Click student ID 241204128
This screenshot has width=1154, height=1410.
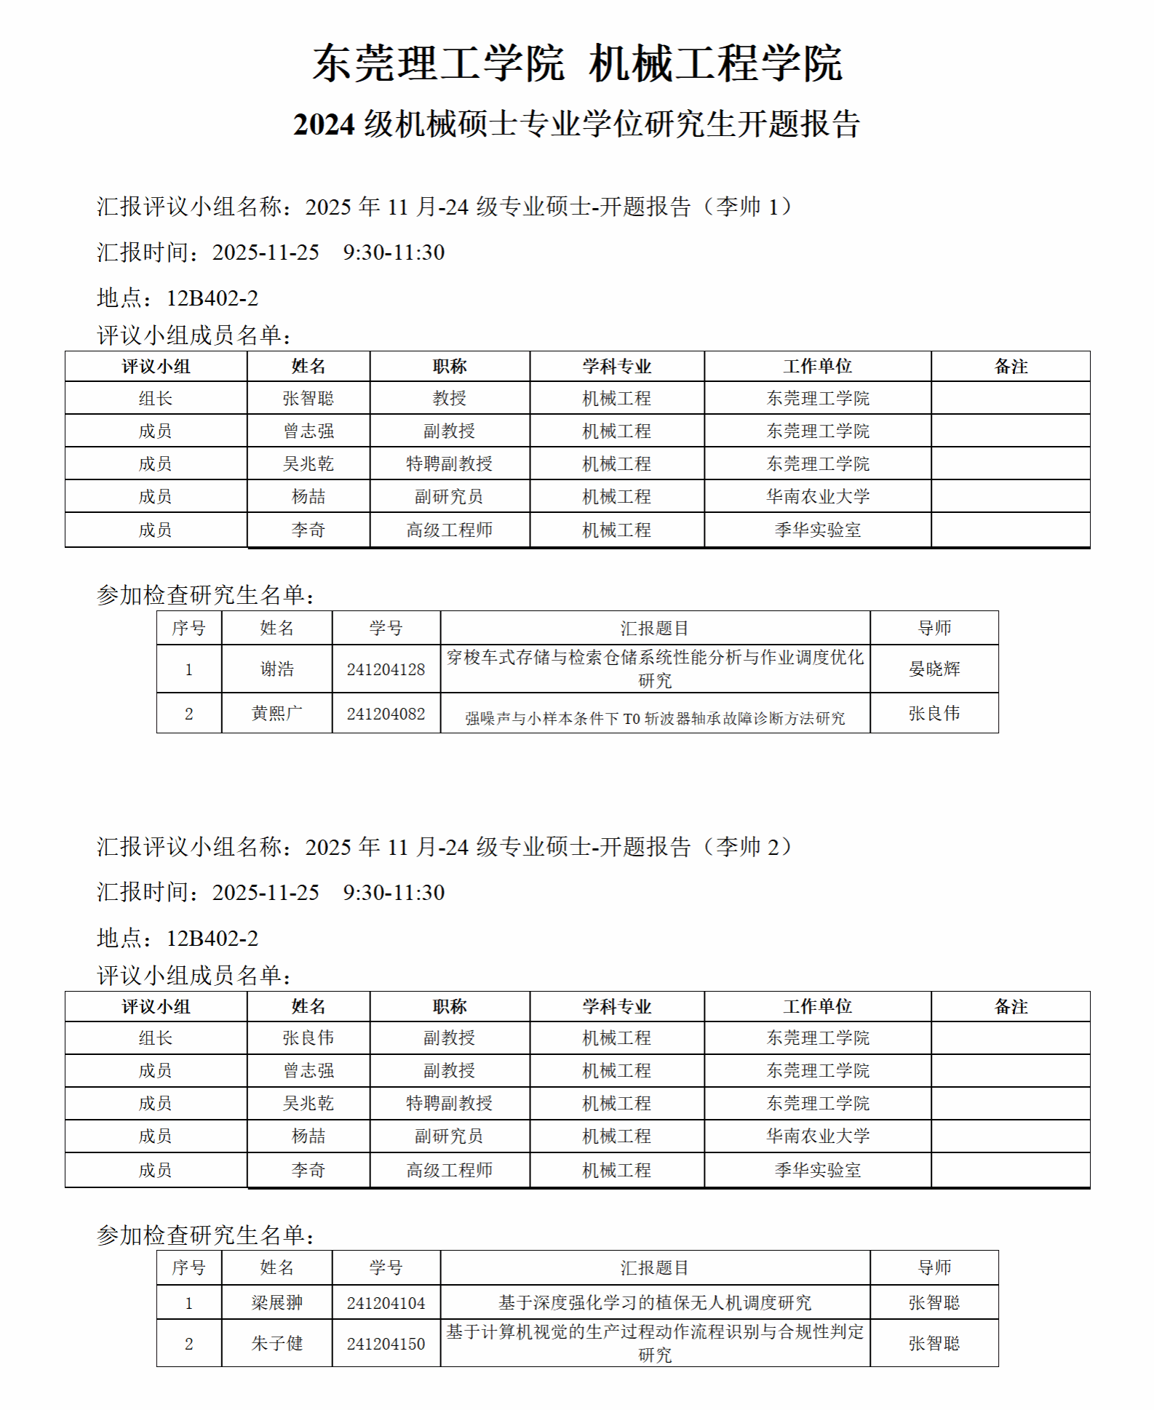[386, 669]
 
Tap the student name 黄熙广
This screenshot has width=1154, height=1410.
[276, 714]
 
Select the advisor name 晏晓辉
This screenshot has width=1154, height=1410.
[934, 669]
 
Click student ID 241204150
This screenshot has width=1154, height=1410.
[386, 1344]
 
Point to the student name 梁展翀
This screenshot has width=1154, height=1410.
[276, 1303]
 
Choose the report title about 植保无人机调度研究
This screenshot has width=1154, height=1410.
[655, 1303]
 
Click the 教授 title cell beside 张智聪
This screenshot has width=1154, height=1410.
[449, 399]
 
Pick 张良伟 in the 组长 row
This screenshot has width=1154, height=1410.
[309, 1038]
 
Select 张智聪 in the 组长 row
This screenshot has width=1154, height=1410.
[309, 399]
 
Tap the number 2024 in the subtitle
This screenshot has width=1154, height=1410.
[324, 124]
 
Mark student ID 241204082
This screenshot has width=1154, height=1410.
[386, 714]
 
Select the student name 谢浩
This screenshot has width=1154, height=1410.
[276, 669]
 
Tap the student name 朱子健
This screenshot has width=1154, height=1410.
[276, 1344]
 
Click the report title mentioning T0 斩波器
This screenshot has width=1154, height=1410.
[655, 719]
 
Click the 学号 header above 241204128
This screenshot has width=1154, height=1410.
[386, 628]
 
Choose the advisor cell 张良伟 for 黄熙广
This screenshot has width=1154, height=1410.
[934, 714]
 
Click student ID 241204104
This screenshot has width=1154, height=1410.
[386, 1303]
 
